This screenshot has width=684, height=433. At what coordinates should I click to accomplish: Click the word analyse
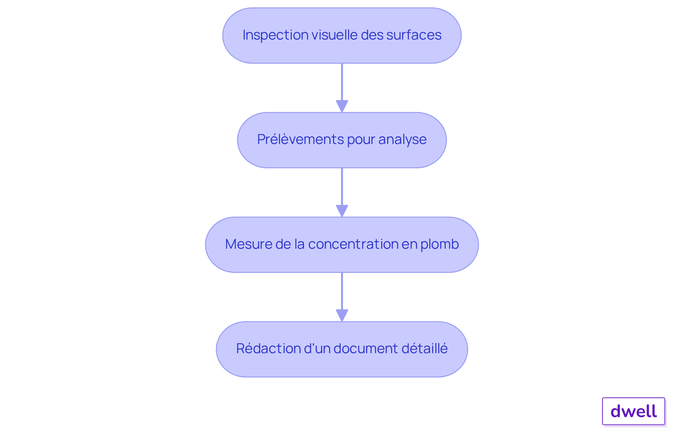pyautogui.click(x=402, y=139)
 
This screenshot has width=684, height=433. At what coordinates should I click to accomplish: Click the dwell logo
pyautogui.click(x=633, y=411)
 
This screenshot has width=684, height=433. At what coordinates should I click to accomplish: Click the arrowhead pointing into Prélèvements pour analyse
pyautogui.click(x=342, y=106)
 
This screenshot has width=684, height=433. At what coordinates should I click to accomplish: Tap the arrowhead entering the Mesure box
pyautogui.click(x=342, y=211)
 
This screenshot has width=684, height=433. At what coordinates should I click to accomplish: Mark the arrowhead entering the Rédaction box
pyautogui.click(x=342, y=315)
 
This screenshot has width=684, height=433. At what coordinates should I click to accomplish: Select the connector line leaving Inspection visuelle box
pyautogui.click(x=342, y=82)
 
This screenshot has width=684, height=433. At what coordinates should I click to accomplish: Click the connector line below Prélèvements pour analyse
pyautogui.click(x=342, y=186)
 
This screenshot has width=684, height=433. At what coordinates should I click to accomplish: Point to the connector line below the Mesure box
pyautogui.click(x=342, y=291)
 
